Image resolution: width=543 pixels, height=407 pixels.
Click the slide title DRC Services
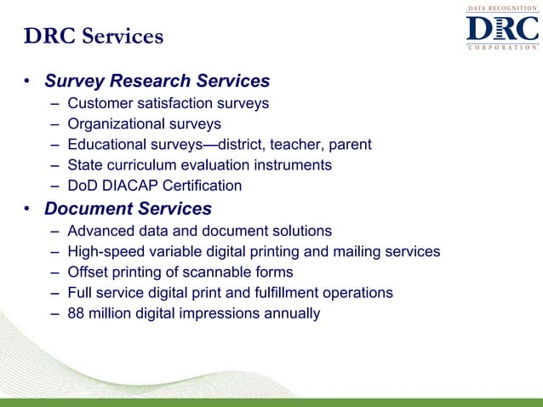point(94,37)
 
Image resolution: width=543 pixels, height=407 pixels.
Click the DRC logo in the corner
point(501,29)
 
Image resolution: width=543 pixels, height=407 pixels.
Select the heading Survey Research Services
point(157,82)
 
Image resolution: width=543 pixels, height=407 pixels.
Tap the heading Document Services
point(128,209)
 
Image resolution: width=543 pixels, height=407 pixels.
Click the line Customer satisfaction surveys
point(168,104)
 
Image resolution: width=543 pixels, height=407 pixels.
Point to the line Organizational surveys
point(144,124)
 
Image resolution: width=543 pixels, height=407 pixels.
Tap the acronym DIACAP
point(132,186)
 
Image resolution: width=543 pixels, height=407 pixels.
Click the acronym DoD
point(83,186)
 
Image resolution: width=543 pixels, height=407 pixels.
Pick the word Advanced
point(100,232)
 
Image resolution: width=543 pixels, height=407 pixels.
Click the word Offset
point(88,272)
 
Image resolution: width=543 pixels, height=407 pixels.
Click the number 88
point(77,313)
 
